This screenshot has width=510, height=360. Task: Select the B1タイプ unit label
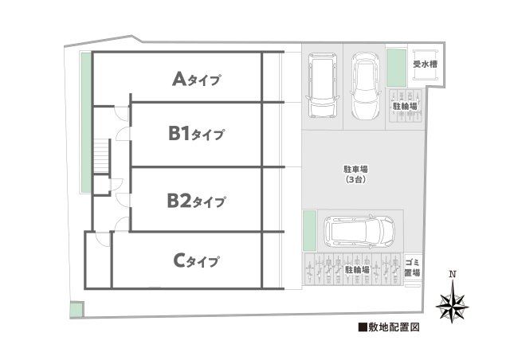195,135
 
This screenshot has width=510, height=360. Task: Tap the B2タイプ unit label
195,200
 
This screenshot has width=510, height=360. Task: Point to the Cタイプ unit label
195,260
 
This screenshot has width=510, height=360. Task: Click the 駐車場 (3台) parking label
355,174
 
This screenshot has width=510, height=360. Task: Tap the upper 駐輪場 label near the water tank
405,105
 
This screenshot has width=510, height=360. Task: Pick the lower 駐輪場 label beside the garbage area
357,270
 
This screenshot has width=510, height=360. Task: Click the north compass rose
453,305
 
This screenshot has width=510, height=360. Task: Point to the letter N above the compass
453,276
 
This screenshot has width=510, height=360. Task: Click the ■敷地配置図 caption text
388,327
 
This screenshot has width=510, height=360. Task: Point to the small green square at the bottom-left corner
75,310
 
